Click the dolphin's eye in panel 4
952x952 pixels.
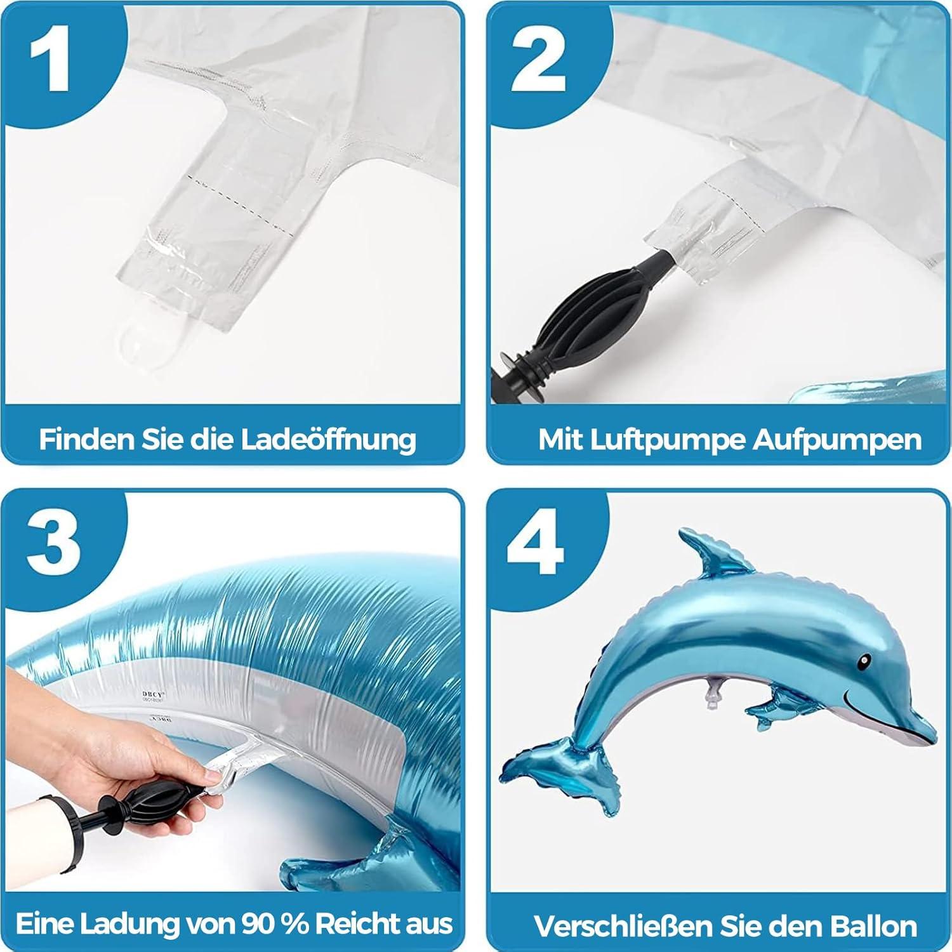coord(864,663)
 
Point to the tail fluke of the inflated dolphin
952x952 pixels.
coord(559,777)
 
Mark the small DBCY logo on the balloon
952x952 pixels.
coord(152,697)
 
